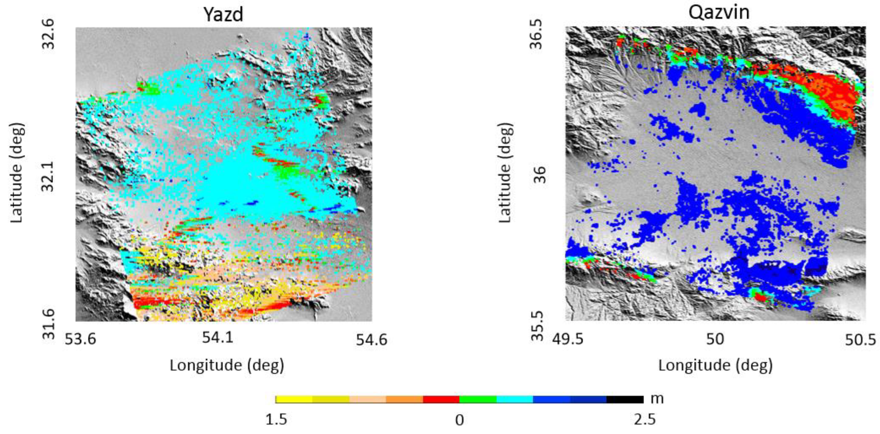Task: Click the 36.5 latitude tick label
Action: (537, 34)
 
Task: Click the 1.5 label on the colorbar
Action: (276, 420)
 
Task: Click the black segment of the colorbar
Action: (625, 399)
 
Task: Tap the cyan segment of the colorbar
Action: (514, 399)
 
